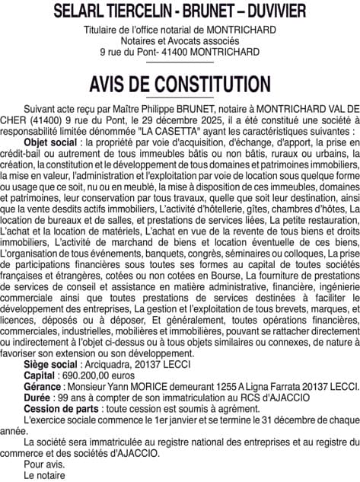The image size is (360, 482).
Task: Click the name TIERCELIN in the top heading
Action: (x=137, y=11)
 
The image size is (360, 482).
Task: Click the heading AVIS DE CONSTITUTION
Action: (x=180, y=83)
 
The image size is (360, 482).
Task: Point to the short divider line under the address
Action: (x=180, y=63)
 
